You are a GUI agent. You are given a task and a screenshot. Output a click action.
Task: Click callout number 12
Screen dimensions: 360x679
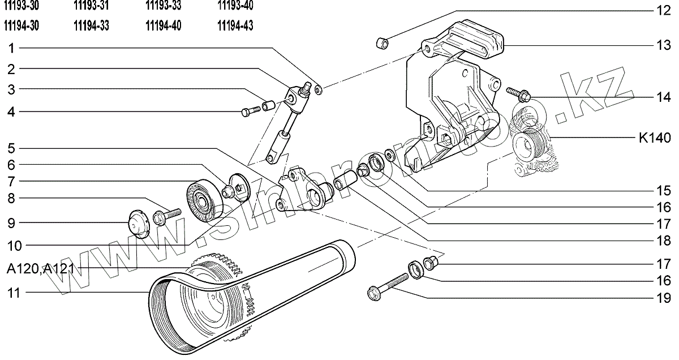[663, 10]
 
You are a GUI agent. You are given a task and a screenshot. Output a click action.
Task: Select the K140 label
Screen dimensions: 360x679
[655, 138]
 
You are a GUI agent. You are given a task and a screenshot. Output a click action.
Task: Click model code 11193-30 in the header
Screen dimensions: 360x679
[21, 6]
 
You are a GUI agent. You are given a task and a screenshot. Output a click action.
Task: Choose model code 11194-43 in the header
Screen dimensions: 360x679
[235, 25]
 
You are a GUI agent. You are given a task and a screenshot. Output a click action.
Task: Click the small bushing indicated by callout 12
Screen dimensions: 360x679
[384, 42]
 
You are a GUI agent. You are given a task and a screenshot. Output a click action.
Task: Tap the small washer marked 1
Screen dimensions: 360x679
[319, 89]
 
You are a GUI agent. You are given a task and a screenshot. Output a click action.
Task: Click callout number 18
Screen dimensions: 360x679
[663, 240]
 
